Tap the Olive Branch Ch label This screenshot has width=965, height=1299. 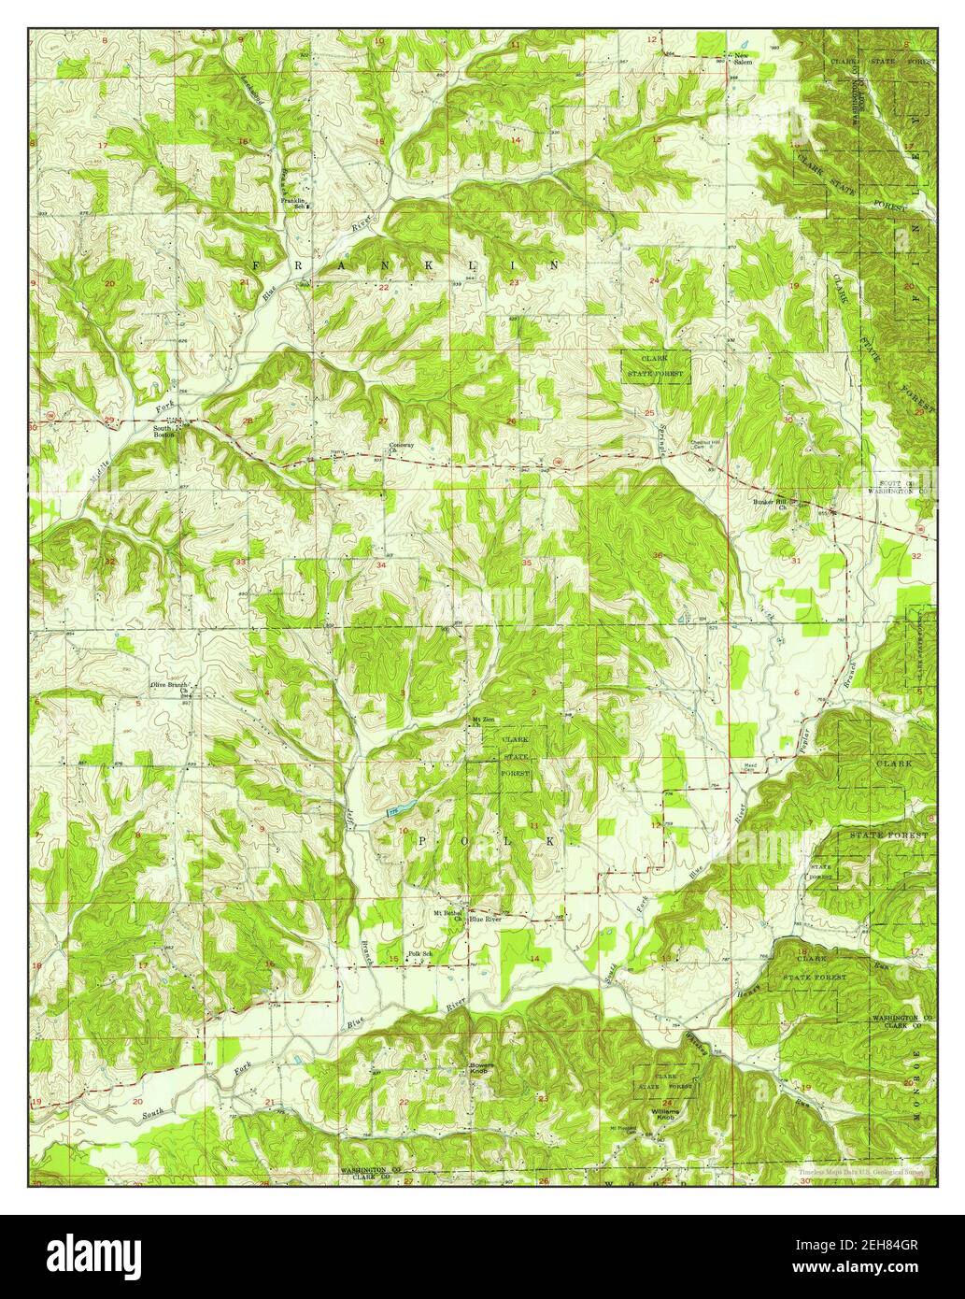coord(171,686)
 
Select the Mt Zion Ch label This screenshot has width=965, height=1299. coord(482,721)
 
